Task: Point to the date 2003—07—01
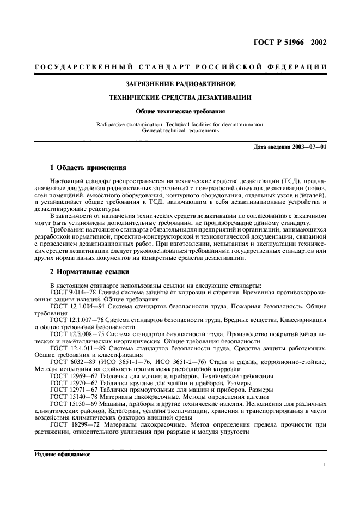point(307,148)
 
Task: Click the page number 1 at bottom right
point(324,465)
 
